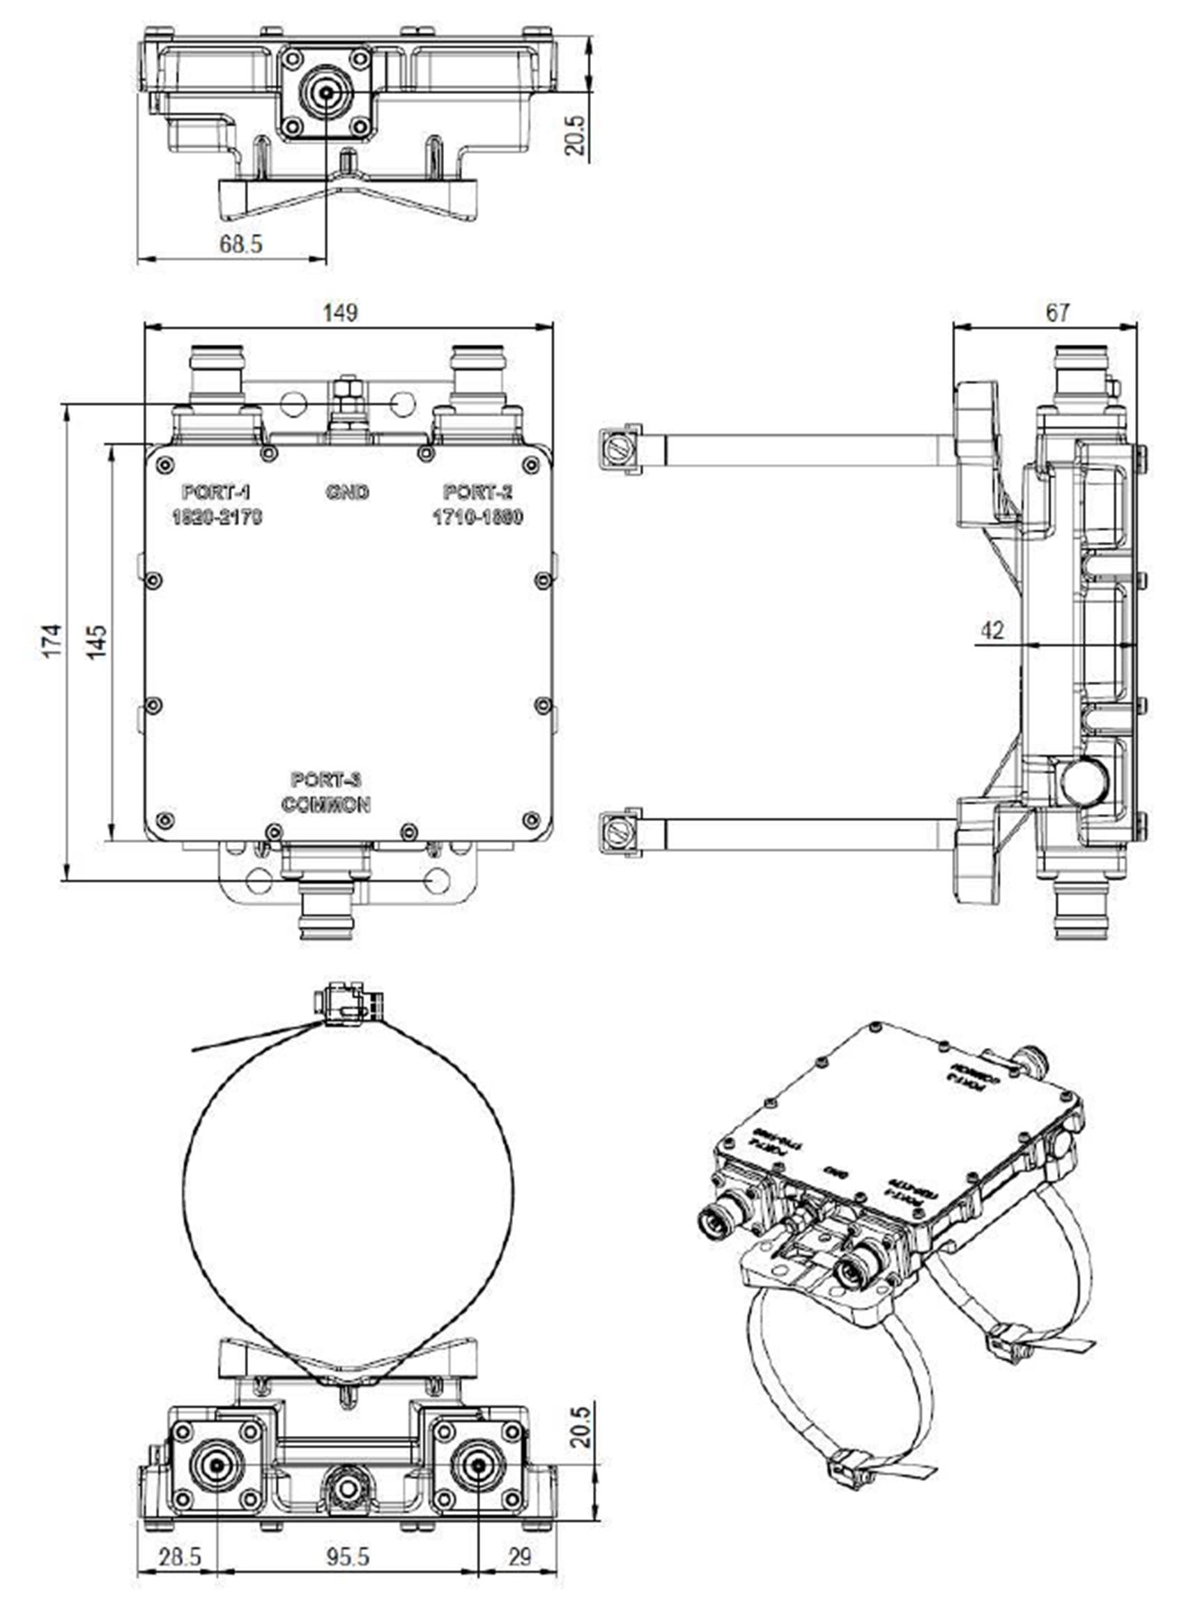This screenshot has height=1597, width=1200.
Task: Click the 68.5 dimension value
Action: pos(241,244)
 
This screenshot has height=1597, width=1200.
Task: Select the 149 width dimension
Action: pos(340,313)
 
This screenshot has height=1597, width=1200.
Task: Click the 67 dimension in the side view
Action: pos(1057,313)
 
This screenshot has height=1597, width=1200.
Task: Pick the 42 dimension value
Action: pos(993,631)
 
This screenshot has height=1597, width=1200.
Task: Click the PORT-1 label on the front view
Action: pos(216,493)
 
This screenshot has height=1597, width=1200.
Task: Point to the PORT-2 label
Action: pos(477,493)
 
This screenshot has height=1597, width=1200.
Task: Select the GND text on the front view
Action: pos(347,493)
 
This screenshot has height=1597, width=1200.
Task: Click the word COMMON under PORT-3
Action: pos(326,804)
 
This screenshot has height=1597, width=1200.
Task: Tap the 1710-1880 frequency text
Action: pos(477,517)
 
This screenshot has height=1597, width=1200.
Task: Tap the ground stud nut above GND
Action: pos(347,394)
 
